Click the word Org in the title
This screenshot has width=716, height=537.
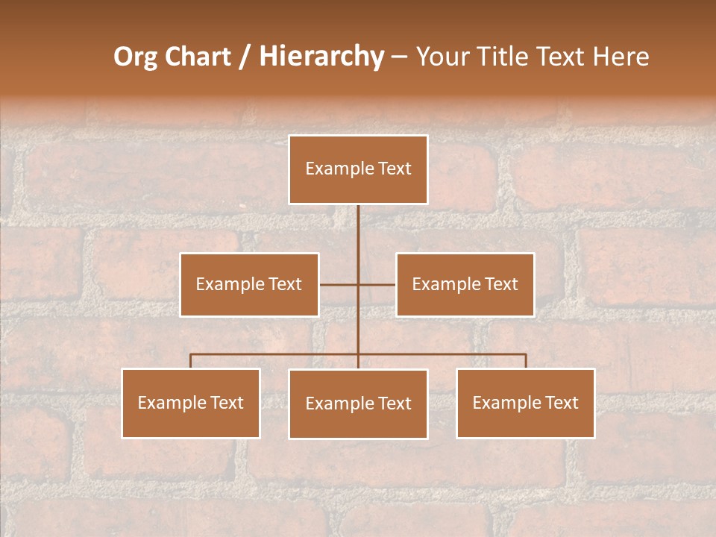tap(135, 57)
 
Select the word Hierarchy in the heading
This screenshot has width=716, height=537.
tap(321, 57)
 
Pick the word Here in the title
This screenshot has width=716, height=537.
tap(619, 57)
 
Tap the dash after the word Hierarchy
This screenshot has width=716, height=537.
tap(399, 58)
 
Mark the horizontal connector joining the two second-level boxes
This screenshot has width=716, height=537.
tap(339, 284)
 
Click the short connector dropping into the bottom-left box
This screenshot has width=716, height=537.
tap(191, 361)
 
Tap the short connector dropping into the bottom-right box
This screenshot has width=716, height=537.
tap(526, 361)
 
